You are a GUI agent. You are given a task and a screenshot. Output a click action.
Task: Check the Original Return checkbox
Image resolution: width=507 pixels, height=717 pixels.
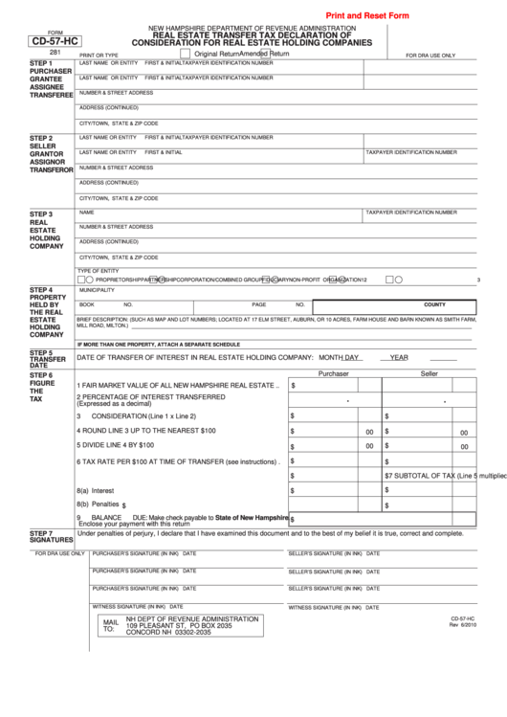(x=186, y=55)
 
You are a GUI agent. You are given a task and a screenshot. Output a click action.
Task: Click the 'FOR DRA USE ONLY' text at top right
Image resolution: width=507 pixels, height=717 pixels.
(x=430, y=56)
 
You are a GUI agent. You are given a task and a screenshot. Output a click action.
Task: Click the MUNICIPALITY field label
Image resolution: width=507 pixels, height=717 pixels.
(x=97, y=289)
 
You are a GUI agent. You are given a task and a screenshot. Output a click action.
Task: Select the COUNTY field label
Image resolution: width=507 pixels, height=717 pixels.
(x=434, y=303)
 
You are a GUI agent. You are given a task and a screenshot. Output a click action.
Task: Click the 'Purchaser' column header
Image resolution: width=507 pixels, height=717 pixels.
(x=334, y=373)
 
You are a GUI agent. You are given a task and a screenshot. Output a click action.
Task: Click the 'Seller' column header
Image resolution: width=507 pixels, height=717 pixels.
(x=429, y=373)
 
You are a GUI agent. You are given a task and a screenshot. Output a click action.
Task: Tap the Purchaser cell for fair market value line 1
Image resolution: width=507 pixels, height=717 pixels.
(x=333, y=385)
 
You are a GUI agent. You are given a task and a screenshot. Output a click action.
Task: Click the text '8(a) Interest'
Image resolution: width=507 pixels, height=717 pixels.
(x=96, y=490)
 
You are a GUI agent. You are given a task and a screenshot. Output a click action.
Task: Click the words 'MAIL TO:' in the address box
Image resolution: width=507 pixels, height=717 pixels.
(x=109, y=625)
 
